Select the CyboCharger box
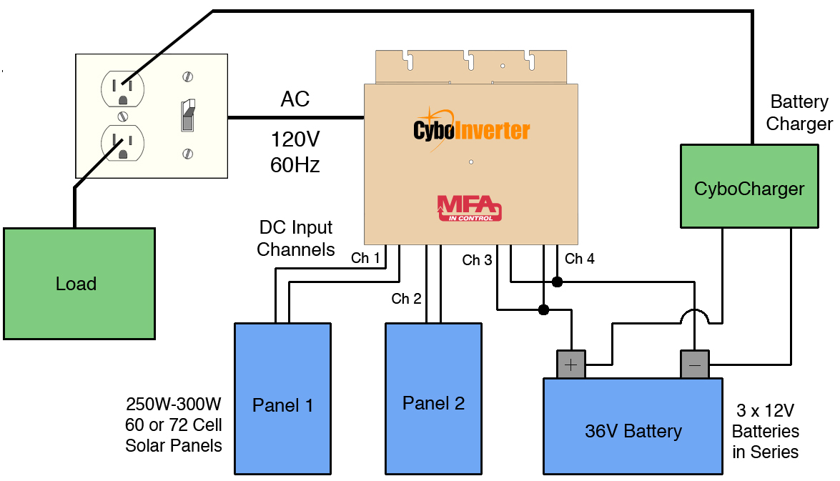point(748,189)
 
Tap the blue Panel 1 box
point(282,405)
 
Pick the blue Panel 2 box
point(433,403)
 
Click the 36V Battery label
point(633,431)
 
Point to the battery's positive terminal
point(571,365)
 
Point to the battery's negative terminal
point(694,365)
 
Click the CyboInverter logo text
point(471,130)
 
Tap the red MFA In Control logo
point(470,208)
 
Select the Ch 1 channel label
point(365,258)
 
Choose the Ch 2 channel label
point(406,299)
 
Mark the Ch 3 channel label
point(477,260)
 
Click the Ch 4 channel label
point(579,259)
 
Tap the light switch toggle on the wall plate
point(187,114)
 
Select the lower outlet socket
point(122,142)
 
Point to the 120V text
point(295,138)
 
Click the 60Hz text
point(295,165)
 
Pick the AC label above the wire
point(295,99)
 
